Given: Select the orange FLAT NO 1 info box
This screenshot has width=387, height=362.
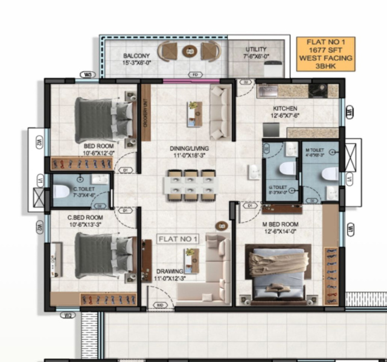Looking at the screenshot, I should [326, 54].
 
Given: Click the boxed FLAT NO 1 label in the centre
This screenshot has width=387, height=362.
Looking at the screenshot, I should [178, 240].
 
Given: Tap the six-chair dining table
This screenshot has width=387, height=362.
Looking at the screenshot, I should [191, 183].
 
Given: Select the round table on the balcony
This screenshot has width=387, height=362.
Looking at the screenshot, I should [189, 52].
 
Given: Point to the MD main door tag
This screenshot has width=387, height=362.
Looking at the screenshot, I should [161, 305].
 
